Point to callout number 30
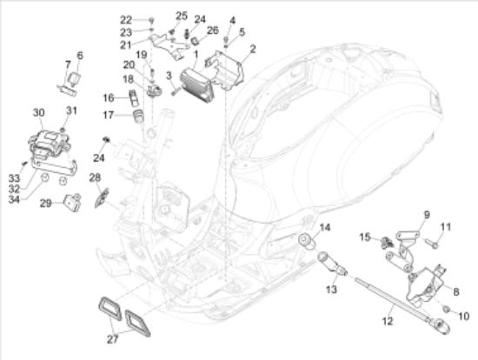(37, 112)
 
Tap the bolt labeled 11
(430, 244)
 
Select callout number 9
(427, 214)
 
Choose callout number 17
(108, 114)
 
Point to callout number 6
(80, 55)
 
